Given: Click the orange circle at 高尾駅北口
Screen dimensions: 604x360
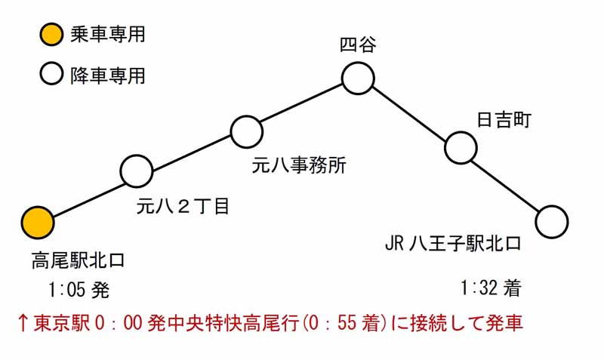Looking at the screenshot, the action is [37, 223].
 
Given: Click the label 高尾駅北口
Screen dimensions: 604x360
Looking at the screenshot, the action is [79, 260].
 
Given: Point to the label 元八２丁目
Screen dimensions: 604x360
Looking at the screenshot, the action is [183, 206].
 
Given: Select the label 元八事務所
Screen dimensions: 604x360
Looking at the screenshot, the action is [299, 165].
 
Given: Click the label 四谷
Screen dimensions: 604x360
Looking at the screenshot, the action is [358, 45].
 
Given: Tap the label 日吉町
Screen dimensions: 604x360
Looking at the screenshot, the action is [504, 120].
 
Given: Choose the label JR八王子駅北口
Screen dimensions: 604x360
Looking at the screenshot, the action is [453, 243].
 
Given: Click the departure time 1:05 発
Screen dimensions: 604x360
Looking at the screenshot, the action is [79, 290].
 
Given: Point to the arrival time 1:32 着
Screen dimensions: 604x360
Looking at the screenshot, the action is [491, 288].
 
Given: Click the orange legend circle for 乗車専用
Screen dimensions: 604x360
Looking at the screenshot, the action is [51, 34].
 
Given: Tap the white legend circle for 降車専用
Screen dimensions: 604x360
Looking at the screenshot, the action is [51, 73].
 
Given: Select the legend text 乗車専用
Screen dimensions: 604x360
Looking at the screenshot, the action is [107, 34].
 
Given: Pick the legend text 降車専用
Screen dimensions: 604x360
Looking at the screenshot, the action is [107, 75].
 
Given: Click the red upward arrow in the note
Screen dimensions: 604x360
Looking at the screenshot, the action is [23, 323].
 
